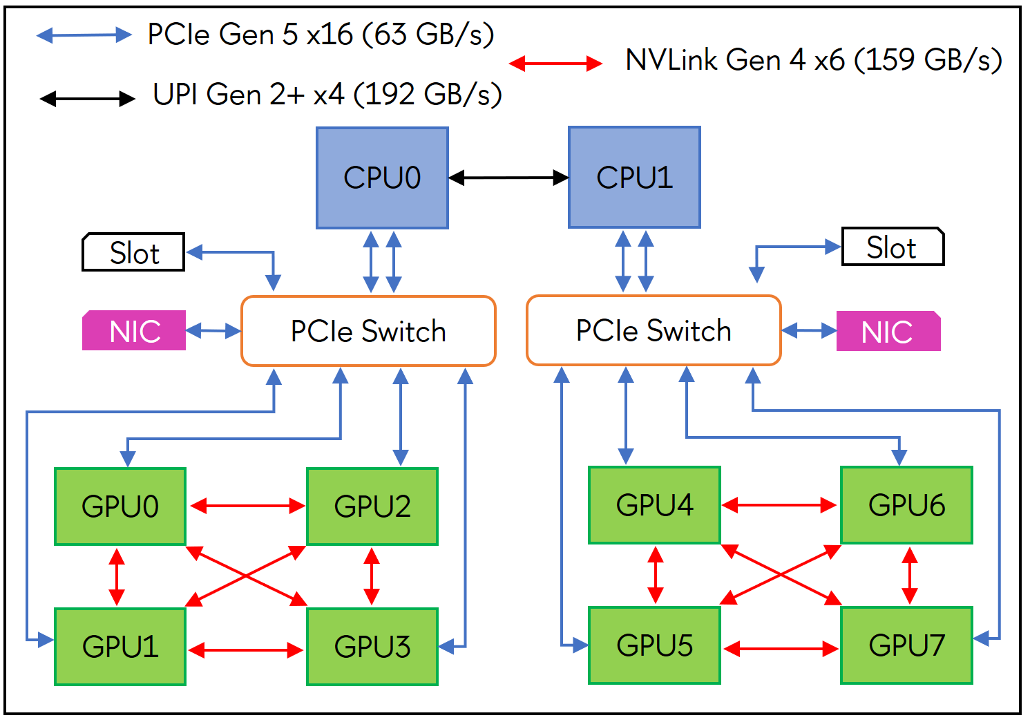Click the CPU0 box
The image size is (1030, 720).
(x=382, y=178)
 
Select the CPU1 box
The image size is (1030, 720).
(x=634, y=178)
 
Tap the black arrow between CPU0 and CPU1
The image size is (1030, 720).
(x=508, y=178)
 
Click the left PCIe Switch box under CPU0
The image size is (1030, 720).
(x=368, y=331)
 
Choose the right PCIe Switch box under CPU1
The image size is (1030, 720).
(x=654, y=330)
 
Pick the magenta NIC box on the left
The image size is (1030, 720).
(x=134, y=331)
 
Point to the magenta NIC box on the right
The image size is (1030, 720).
(x=888, y=332)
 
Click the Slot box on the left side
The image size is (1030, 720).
(x=133, y=252)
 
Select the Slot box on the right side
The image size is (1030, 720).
(x=893, y=247)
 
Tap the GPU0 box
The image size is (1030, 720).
(x=120, y=506)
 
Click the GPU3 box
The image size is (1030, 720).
(x=372, y=647)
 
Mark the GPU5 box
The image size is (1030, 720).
(x=654, y=645)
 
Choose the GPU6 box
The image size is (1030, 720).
(x=906, y=505)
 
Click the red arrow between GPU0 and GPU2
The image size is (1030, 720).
(x=247, y=506)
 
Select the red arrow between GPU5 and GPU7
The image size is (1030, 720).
(x=781, y=649)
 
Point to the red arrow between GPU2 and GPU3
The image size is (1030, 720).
(x=372, y=576)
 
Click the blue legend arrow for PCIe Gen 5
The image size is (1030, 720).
(x=84, y=35)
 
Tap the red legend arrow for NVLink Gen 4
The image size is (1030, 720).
(x=555, y=64)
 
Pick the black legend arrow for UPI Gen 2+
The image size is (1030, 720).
(x=87, y=99)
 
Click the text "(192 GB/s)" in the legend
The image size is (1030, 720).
(x=428, y=95)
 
